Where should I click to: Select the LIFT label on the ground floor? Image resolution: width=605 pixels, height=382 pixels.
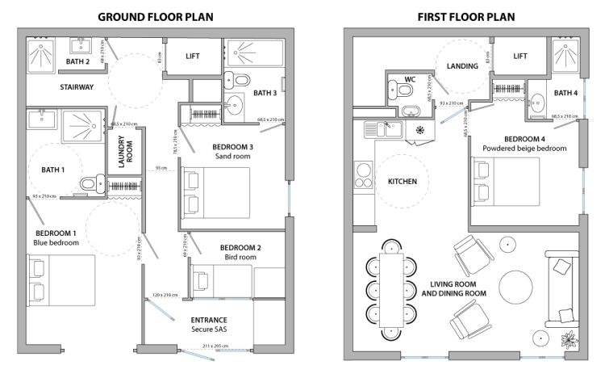(192, 56)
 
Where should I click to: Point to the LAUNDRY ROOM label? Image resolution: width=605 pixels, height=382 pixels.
(127, 151)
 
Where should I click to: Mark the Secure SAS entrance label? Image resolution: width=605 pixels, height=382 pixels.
(209, 330)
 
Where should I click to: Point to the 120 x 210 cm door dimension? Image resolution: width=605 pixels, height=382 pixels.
(165, 296)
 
